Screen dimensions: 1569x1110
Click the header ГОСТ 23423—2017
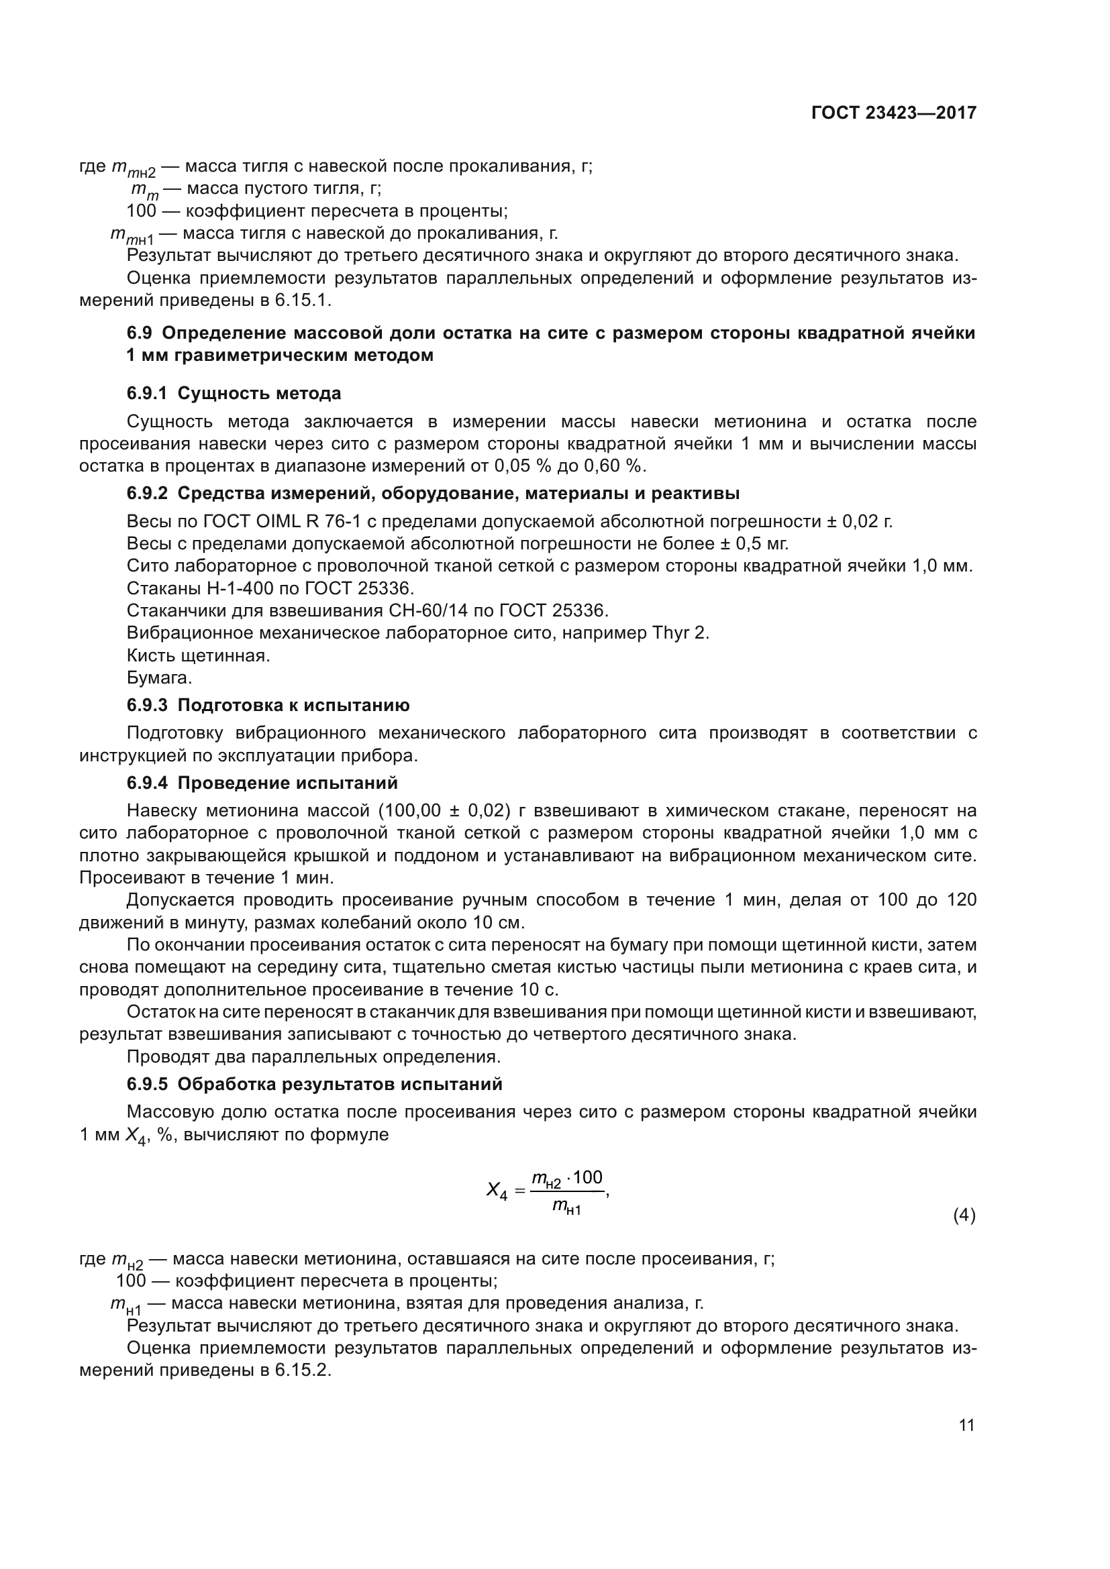[x=893, y=113]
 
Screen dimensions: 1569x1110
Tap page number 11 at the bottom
[x=966, y=1425]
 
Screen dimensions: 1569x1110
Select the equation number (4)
[x=964, y=1215]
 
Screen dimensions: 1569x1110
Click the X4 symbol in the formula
[x=497, y=1191]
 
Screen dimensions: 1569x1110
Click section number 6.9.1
[x=147, y=394]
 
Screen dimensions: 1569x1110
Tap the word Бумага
[x=159, y=678]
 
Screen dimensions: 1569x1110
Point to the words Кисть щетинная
[x=198, y=655]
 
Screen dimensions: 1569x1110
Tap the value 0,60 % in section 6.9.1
[x=614, y=466]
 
